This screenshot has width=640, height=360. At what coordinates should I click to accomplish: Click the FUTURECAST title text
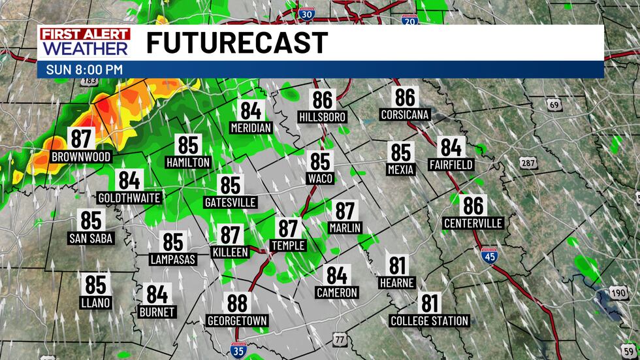236,43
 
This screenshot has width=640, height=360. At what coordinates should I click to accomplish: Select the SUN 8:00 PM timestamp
85,69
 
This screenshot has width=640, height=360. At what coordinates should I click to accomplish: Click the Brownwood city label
81,157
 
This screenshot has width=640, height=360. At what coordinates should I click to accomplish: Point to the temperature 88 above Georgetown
238,303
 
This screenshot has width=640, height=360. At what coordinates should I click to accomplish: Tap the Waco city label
321,178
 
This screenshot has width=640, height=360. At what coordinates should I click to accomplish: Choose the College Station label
429,321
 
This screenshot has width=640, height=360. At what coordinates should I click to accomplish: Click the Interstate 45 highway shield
488,255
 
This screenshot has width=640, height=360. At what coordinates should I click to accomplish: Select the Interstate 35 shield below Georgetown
238,350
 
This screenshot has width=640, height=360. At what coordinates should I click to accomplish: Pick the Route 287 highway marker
529,161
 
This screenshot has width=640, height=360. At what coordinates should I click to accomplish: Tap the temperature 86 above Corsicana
405,97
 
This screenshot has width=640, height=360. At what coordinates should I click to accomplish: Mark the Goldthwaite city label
129,197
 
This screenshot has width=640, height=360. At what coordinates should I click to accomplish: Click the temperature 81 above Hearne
397,266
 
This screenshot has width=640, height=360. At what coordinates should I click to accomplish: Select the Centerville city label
473,223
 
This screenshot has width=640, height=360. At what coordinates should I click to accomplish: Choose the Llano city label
96,303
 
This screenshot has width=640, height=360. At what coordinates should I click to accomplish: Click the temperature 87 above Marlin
345,210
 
